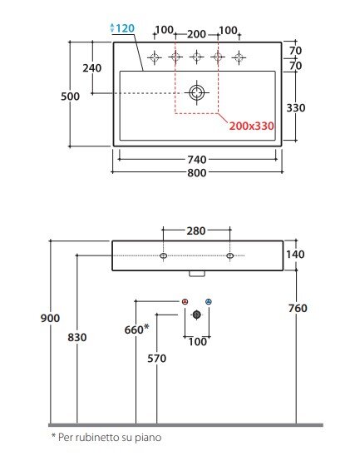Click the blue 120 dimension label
pos(125,28)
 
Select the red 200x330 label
pos(251,126)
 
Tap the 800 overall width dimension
pos(197,172)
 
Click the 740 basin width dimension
pos(197,160)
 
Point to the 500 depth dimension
pos(70,97)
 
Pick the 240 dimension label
pos(92,68)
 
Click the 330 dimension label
pos(296,108)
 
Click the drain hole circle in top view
pos(197,92)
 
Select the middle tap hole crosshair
pos(196,57)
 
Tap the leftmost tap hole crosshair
pos(155,57)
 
